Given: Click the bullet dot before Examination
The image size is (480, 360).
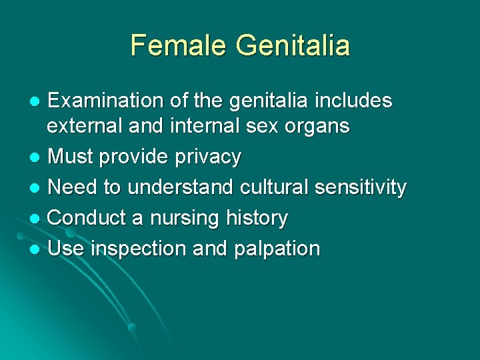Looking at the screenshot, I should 36,101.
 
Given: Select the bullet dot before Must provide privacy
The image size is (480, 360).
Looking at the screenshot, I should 36,158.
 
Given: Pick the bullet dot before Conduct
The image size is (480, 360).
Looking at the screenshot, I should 36,219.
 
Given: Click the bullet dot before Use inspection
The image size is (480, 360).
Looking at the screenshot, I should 36,249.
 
